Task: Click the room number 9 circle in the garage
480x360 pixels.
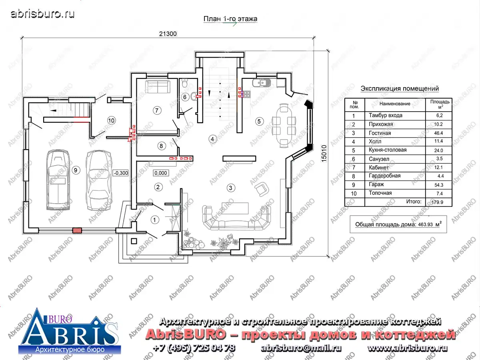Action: point(76,170)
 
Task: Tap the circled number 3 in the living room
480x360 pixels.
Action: point(231,188)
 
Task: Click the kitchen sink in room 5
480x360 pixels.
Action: point(262,83)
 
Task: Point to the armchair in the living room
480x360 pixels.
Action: point(262,189)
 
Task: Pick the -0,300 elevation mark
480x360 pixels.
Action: point(121,173)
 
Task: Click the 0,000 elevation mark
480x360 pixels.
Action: point(161,173)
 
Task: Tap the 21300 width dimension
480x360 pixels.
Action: point(168,34)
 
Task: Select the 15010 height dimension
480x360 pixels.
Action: point(324,154)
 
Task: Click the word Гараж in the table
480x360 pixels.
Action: point(376,184)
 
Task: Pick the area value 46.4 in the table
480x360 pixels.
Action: point(439,133)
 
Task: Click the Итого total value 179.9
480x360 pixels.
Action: point(437,202)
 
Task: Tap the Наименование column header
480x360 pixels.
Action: point(395,104)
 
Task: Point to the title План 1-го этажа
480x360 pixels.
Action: point(230,19)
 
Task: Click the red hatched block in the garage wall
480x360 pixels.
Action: point(77,230)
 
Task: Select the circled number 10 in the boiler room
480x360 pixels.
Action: point(111,120)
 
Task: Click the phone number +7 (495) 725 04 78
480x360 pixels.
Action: point(194,348)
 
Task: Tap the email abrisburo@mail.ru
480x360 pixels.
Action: point(301,348)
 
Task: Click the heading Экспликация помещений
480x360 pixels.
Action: point(400,88)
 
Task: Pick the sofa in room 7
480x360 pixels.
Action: point(158,86)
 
